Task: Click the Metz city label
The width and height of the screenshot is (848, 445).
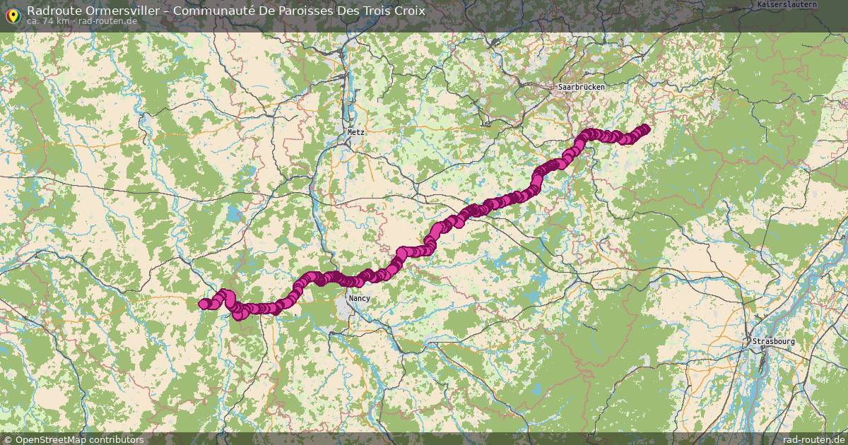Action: click(x=355, y=132)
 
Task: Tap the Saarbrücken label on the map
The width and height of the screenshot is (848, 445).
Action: click(x=579, y=86)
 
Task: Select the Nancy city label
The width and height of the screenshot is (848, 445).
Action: click(x=359, y=298)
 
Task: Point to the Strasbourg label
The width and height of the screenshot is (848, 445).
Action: click(x=773, y=341)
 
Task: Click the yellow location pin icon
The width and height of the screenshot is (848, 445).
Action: click(x=13, y=13)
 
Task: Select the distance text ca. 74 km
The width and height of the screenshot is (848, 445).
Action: click(x=48, y=21)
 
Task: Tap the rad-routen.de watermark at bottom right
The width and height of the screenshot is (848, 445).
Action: click(x=814, y=439)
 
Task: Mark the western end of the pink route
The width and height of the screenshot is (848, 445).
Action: click(x=203, y=304)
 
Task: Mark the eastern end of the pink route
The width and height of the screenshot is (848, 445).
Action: click(x=644, y=129)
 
